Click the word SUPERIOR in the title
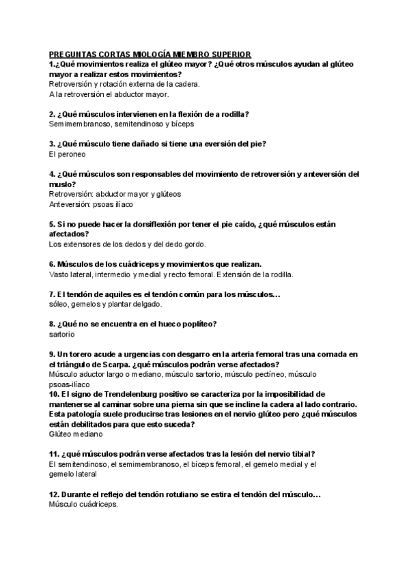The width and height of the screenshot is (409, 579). tap(229, 54)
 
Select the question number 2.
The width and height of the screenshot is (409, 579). tap(53, 114)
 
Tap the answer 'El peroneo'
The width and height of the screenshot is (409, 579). tap(67, 154)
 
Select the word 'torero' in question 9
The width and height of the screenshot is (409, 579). tap(85, 354)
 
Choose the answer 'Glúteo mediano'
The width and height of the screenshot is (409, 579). tap(76, 434)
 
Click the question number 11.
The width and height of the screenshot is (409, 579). tap(54, 454)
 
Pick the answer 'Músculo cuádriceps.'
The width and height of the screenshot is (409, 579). tap(84, 505)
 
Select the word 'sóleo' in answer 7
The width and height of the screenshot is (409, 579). tap(59, 305)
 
